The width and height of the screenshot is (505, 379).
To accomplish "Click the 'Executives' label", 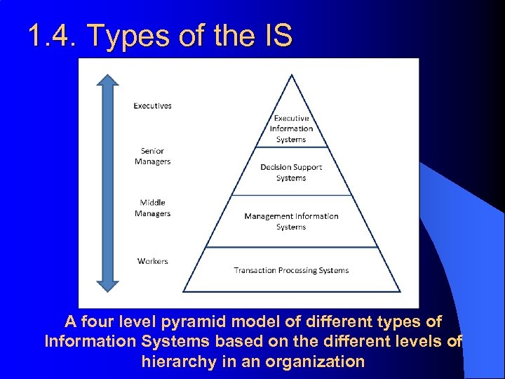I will tap(152, 106).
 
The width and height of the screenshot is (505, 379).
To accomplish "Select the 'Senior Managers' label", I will tap(152, 156).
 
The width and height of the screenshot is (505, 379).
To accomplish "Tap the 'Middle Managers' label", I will tap(152, 208).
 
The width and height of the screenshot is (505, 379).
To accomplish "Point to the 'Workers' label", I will tap(152, 261).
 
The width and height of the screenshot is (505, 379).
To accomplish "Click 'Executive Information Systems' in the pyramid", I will tap(291, 128).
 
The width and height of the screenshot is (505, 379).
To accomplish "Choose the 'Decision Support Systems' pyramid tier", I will tap(291, 173).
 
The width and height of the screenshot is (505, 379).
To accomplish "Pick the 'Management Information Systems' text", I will tap(291, 221).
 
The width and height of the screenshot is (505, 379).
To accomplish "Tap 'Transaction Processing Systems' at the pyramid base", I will tap(291, 270).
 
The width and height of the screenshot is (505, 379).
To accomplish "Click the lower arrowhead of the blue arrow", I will tap(108, 284).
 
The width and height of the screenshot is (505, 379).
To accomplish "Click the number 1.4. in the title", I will tap(54, 36).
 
